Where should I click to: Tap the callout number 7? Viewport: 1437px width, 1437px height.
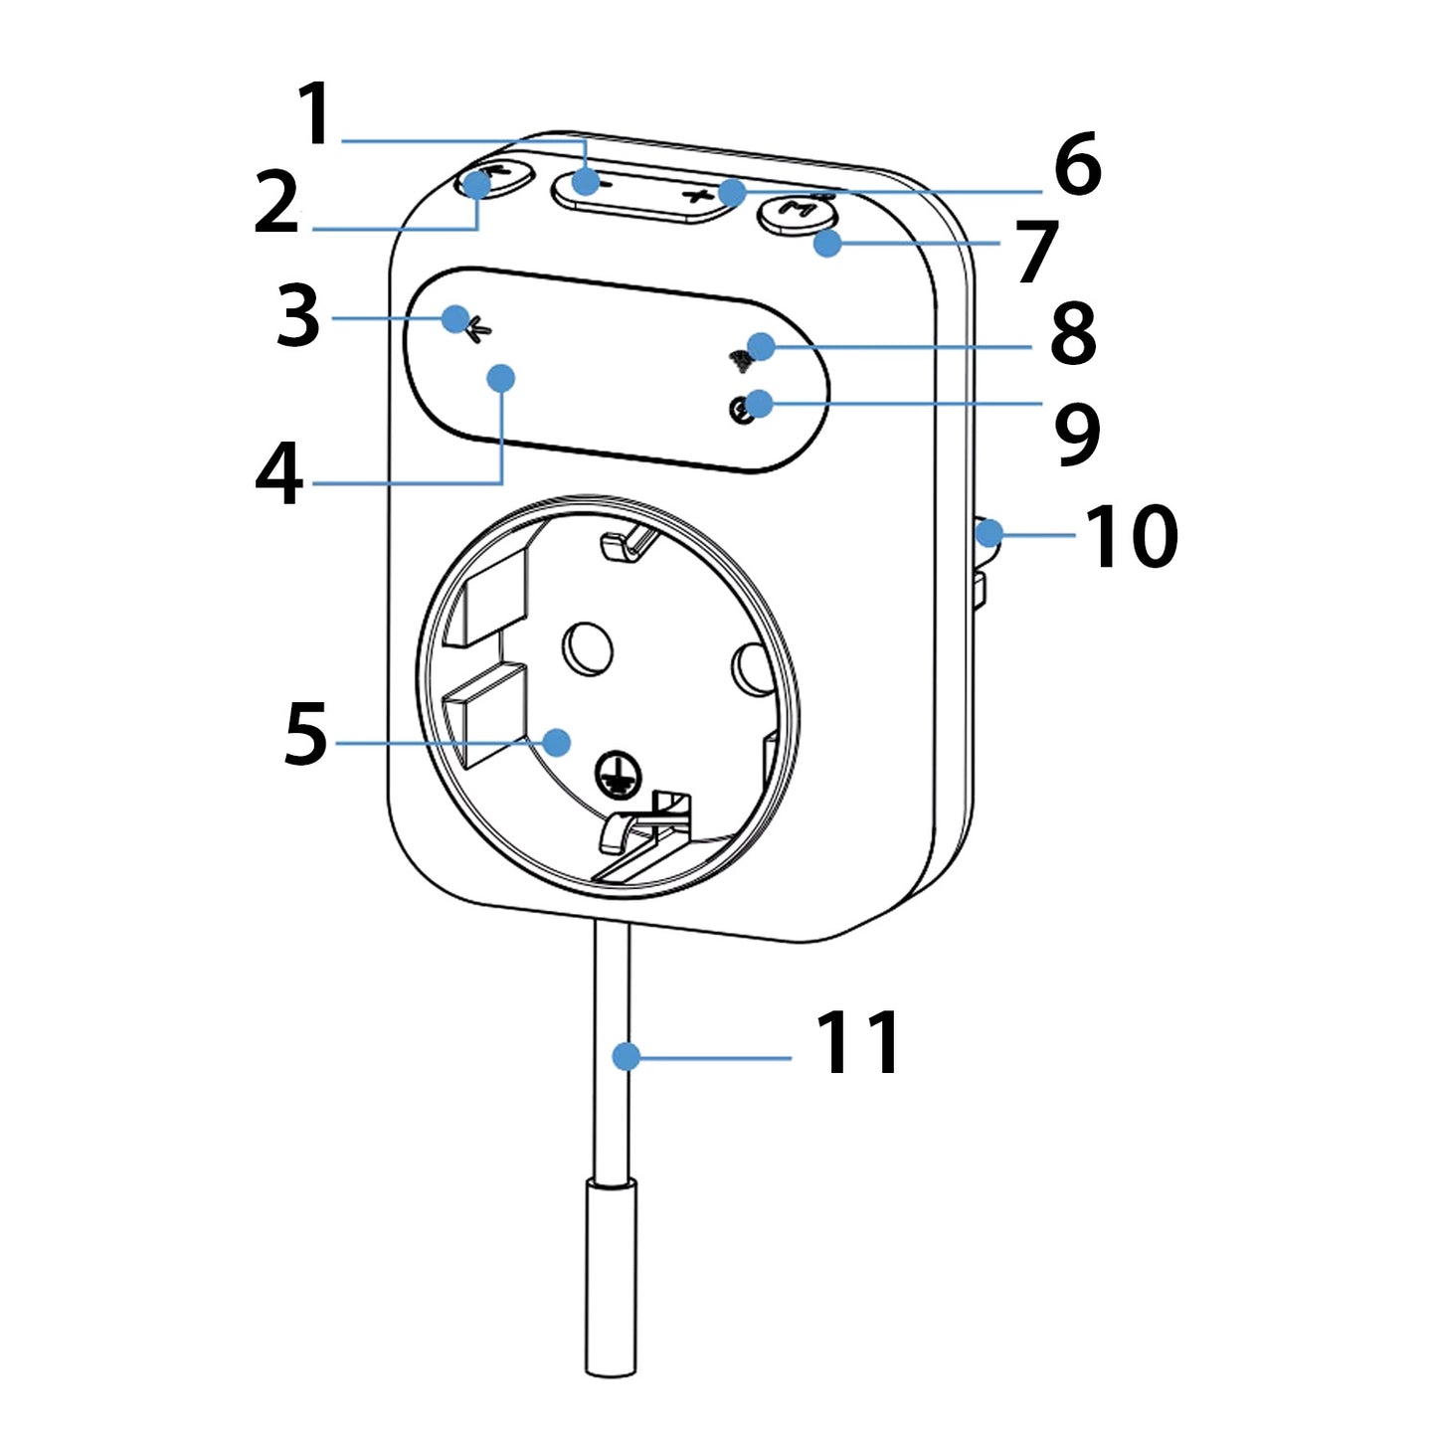[x=1036, y=252]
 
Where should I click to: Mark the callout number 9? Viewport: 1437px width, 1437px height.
[x=1077, y=435]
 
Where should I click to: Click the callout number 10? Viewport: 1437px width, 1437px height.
[x=1132, y=535]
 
